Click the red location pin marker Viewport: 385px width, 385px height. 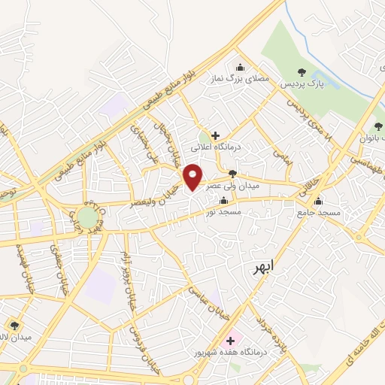(x=193, y=177)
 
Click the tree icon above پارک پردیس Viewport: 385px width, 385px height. (x=302, y=73)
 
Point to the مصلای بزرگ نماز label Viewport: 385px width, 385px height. (x=241, y=79)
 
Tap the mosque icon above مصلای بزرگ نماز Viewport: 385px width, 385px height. (x=241, y=68)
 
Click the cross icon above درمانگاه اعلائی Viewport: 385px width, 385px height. (x=216, y=136)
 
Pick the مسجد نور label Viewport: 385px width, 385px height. (x=223, y=213)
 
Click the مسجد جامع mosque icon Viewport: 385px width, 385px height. (x=318, y=201)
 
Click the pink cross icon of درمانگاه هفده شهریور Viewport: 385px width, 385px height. (x=229, y=341)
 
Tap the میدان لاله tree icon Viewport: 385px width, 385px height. (x=14, y=325)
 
